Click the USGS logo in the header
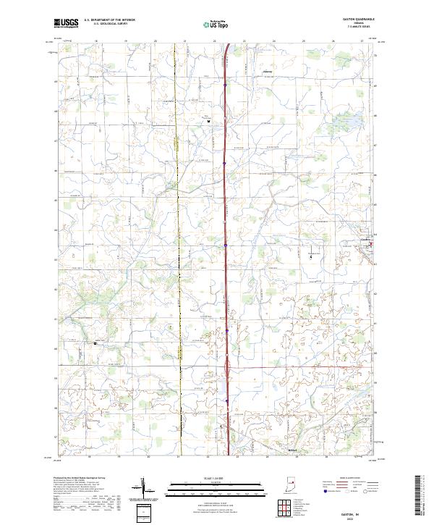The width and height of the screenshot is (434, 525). [67, 23]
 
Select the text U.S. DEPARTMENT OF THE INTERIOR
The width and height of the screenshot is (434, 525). [109, 21]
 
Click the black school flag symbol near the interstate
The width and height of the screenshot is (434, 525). [209, 122]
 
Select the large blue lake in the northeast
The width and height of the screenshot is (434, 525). [352, 119]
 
